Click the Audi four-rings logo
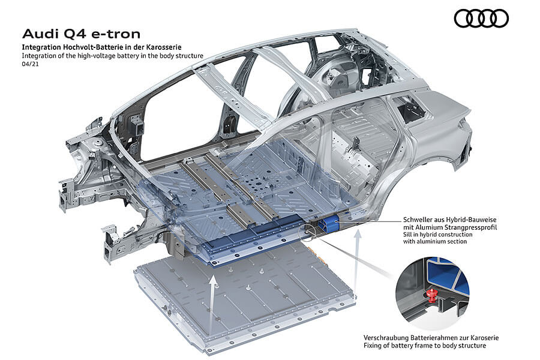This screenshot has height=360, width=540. tap(481, 19)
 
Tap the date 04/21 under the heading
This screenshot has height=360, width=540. tap(29, 64)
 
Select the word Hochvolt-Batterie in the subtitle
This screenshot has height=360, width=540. tap(86, 46)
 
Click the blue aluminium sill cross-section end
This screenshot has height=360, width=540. tap(329, 225)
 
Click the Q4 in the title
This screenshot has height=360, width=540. tap(70, 33)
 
